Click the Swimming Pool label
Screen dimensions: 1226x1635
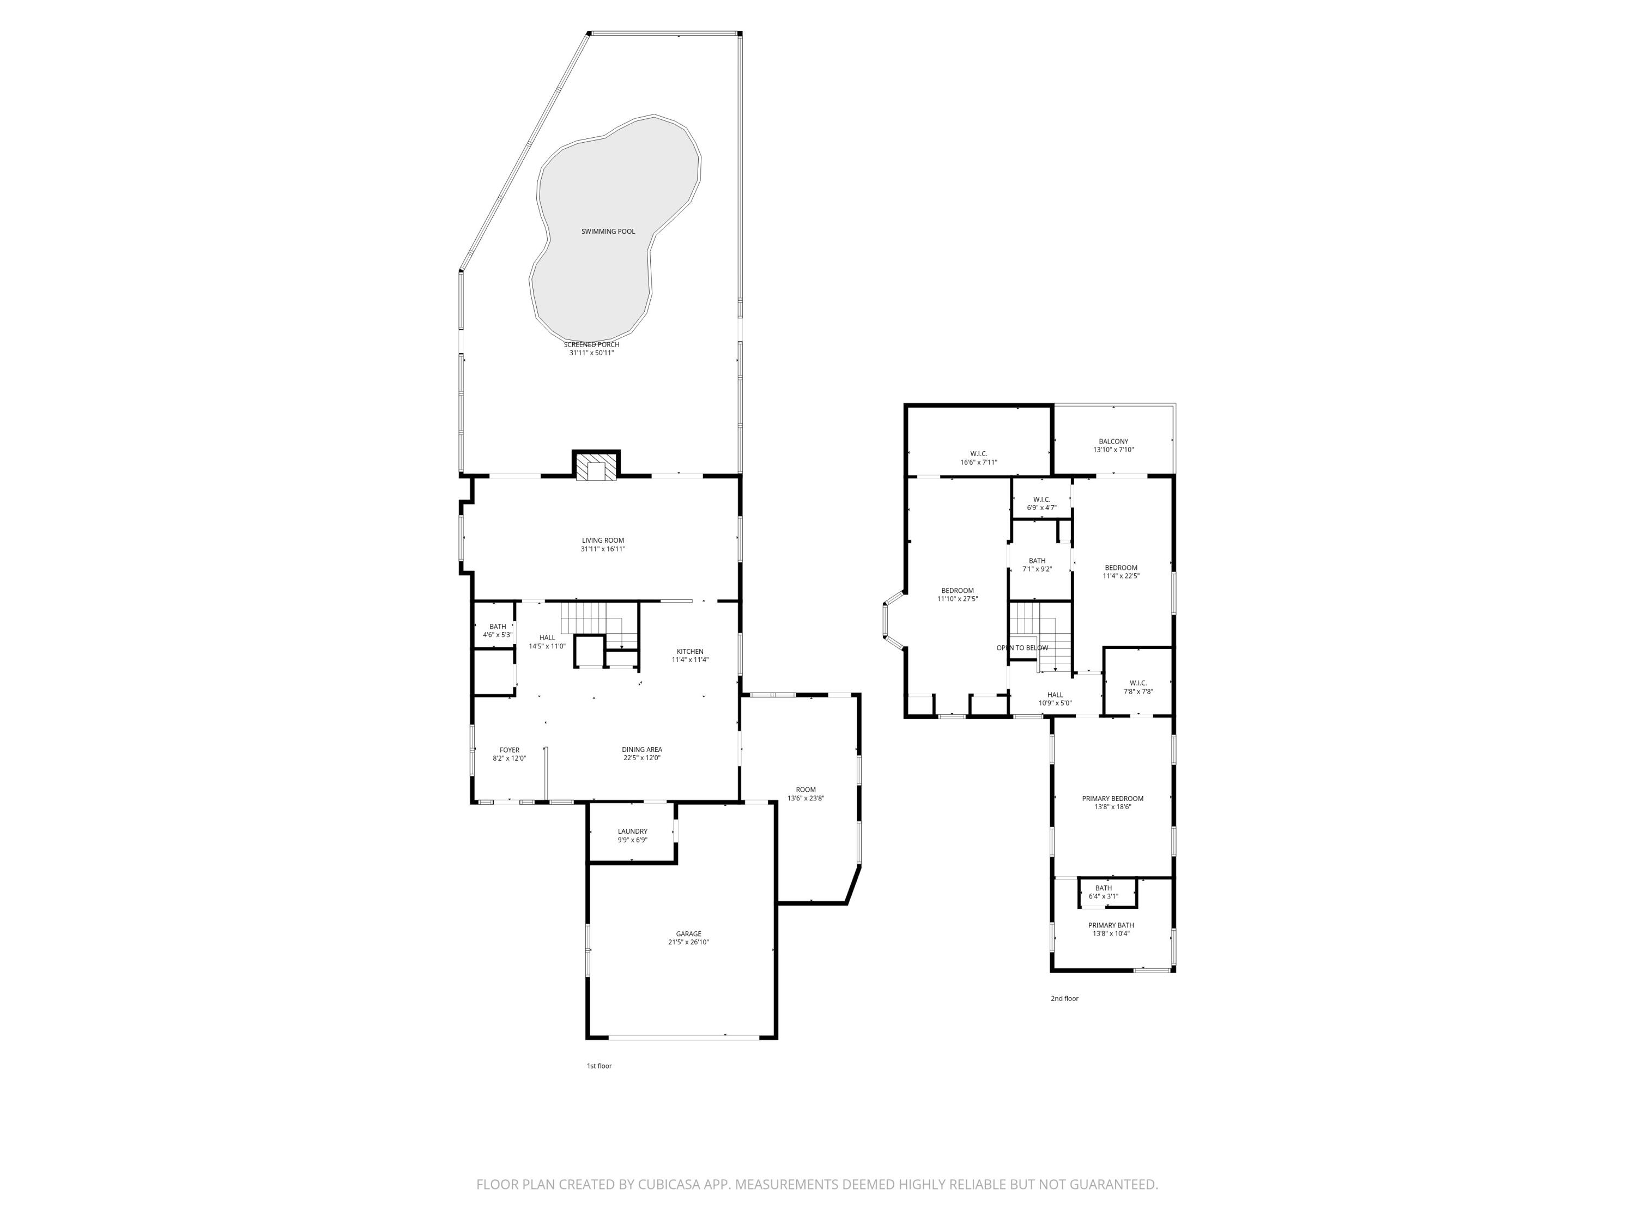click(x=608, y=232)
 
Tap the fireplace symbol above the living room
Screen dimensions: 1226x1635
click(x=596, y=467)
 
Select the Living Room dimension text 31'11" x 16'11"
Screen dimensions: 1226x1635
click(x=602, y=549)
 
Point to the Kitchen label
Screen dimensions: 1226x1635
click(x=689, y=651)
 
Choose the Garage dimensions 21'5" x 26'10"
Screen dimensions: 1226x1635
click(x=688, y=942)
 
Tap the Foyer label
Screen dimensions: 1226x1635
click(x=509, y=749)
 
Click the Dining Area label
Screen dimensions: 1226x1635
click(x=641, y=749)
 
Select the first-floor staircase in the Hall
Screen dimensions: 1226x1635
click(x=584, y=618)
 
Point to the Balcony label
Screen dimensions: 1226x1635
click(x=1113, y=441)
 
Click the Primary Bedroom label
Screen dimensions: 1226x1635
click(x=1112, y=798)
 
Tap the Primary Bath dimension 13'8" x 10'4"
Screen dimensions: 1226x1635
click(x=1111, y=933)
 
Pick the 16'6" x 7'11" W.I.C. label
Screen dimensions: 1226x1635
click(x=979, y=454)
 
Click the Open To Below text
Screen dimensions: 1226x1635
click(x=1022, y=648)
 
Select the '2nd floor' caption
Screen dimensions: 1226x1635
click(x=1064, y=998)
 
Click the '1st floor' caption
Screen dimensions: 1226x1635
click(x=599, y=1066)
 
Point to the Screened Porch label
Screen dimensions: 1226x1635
click(x=591, y=344)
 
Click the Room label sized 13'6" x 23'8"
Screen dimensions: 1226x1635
click(x=806, y=789)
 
